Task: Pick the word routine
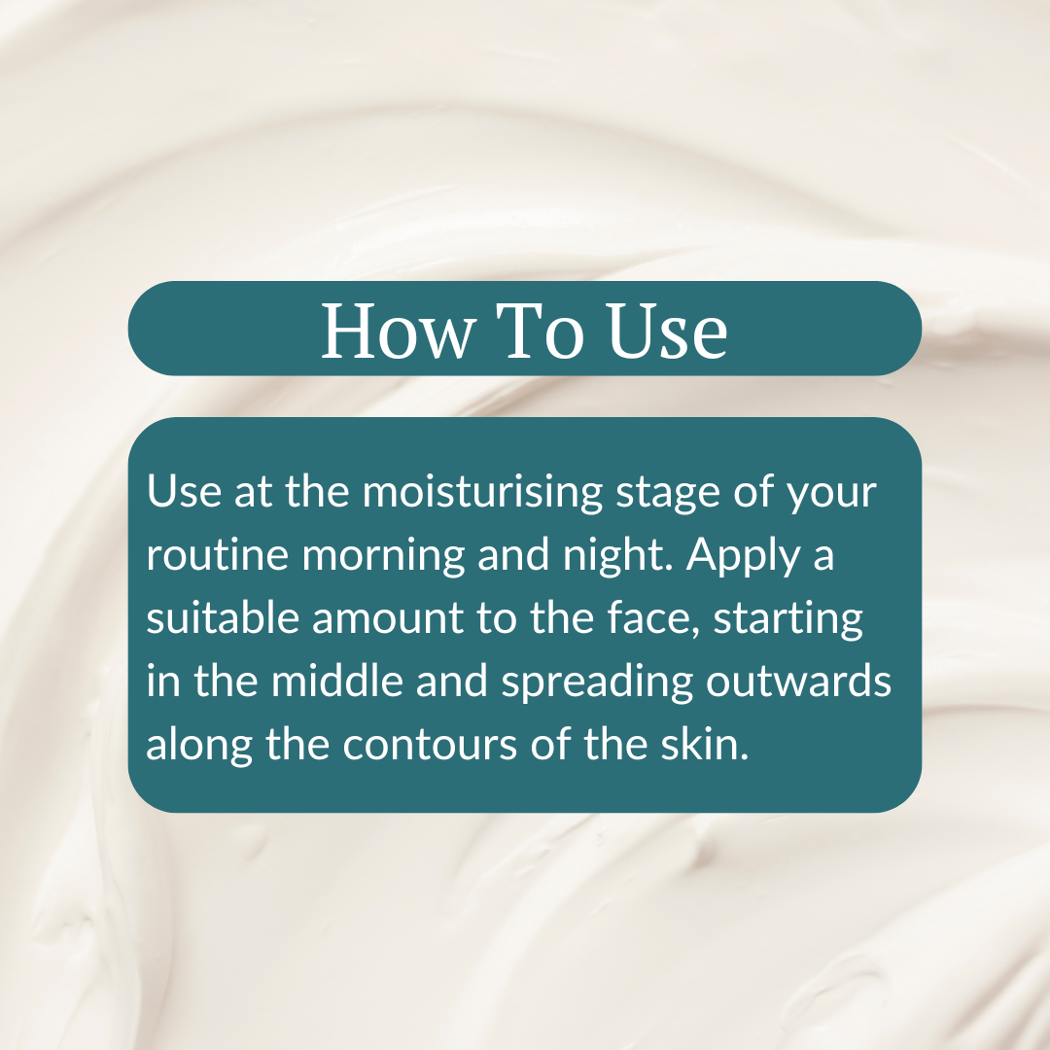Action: pos(217,556)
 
